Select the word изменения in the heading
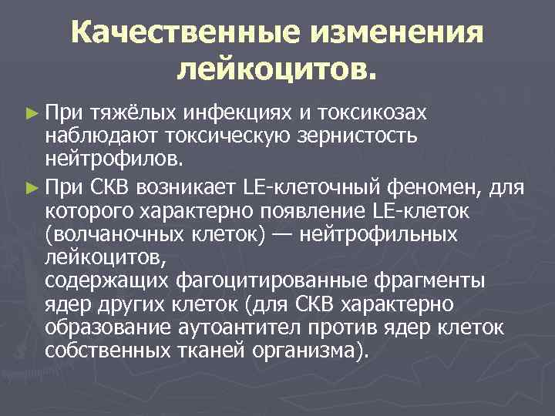pos(404,33)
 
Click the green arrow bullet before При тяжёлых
pos(31,113)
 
